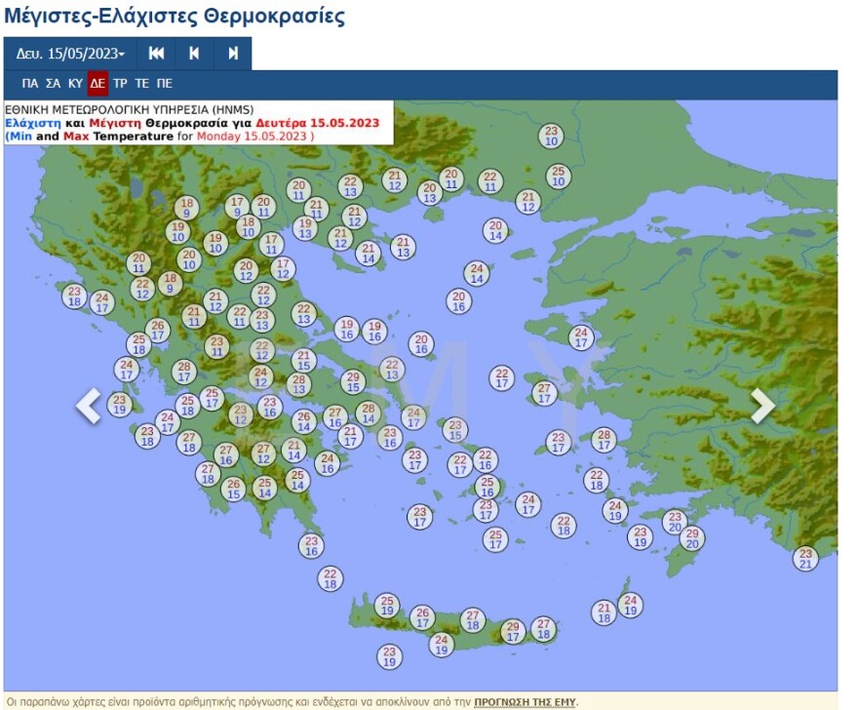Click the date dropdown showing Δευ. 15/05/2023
click(70, 54)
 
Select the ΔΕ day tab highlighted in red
click(97, 84)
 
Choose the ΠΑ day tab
click(30, 84)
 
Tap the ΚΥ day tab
click(75, 84)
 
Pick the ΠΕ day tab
click(165, 84)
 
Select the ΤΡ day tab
click(120, 84)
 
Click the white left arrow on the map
click(89, 406)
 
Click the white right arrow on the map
click(762, 406)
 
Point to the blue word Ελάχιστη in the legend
click(32, 124)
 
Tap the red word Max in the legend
click(77, 137)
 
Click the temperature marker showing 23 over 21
click(805, 558)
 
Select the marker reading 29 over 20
click(692, 538)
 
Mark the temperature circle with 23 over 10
click(552, 136)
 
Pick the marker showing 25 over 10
click(558, 177)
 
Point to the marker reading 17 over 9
click(237, 206)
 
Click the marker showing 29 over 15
click(353, 382)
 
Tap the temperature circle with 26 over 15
click(233, 489)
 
